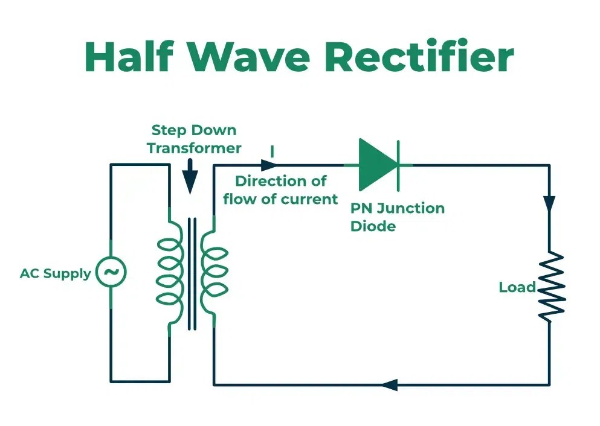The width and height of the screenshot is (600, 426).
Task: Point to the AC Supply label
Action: point(55,273)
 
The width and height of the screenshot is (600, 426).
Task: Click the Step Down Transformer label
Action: point(194,139)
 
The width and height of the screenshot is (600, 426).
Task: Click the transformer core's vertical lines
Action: point(192,273)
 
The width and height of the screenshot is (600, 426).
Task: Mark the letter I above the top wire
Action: point(272,151)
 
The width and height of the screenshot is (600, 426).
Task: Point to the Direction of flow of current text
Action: point(280,189)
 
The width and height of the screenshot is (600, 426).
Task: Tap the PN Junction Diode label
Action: point(398,217)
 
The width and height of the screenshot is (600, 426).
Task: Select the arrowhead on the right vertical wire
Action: point(549,203)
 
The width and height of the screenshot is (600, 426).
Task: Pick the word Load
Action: point(517,287)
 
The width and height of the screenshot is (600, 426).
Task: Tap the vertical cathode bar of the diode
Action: point(398,164)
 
